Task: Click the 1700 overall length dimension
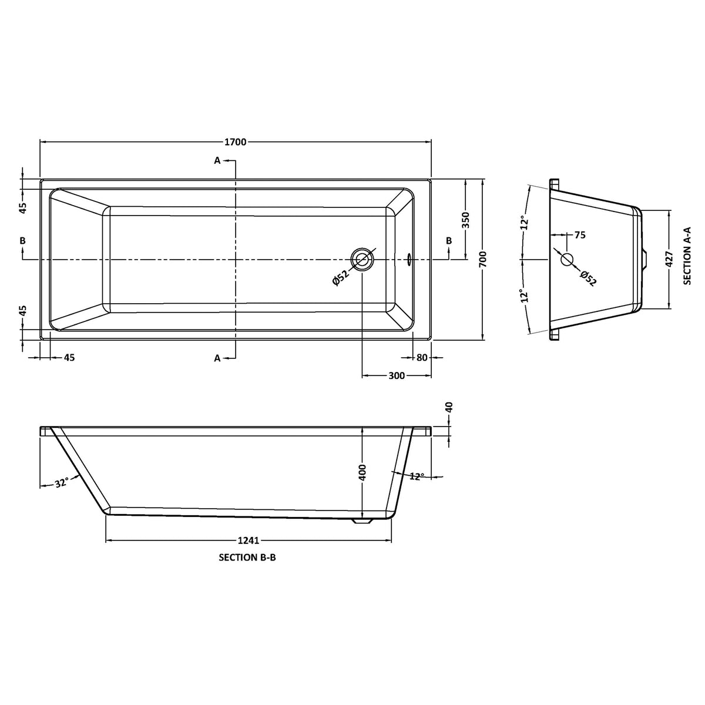click(235, 142)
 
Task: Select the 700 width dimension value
click(483, 259)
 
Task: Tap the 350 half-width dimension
click(466, 220)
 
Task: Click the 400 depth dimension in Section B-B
click(362, 473)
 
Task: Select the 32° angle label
click(62, 483)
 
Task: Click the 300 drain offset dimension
click(397, 376)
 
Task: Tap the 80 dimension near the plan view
click(421, 358)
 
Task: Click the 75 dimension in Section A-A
click(579, 235)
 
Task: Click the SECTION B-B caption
click(247, 559)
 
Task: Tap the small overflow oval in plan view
click(410, 258)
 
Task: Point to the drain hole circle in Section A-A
click(567, 259)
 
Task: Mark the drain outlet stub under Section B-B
click(361, 521)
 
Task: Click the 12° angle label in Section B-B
click(416, 476)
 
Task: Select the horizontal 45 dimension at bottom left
click(69, 358)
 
